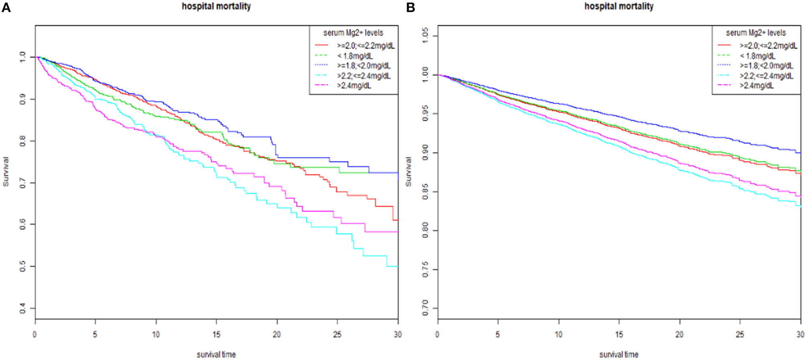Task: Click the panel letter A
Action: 6,7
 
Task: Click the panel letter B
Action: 410,7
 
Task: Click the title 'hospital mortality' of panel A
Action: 216,6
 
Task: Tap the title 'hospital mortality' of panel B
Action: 619,6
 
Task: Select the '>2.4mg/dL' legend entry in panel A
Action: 354,86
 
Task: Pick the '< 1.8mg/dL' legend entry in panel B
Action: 757,56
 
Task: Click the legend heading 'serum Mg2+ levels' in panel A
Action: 353,33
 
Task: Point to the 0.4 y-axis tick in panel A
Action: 23,308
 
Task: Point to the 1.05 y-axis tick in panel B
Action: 425,35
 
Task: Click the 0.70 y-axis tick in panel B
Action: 425,308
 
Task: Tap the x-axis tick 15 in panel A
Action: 216,334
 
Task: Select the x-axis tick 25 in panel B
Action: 740,334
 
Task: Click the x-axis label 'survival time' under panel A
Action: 216,354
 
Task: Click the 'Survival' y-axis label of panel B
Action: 408,172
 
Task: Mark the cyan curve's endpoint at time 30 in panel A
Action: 397,266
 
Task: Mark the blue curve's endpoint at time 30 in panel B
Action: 800,153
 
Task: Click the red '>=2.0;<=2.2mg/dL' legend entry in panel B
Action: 768,45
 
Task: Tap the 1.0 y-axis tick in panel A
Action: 23,57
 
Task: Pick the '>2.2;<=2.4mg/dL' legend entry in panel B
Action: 766,76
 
